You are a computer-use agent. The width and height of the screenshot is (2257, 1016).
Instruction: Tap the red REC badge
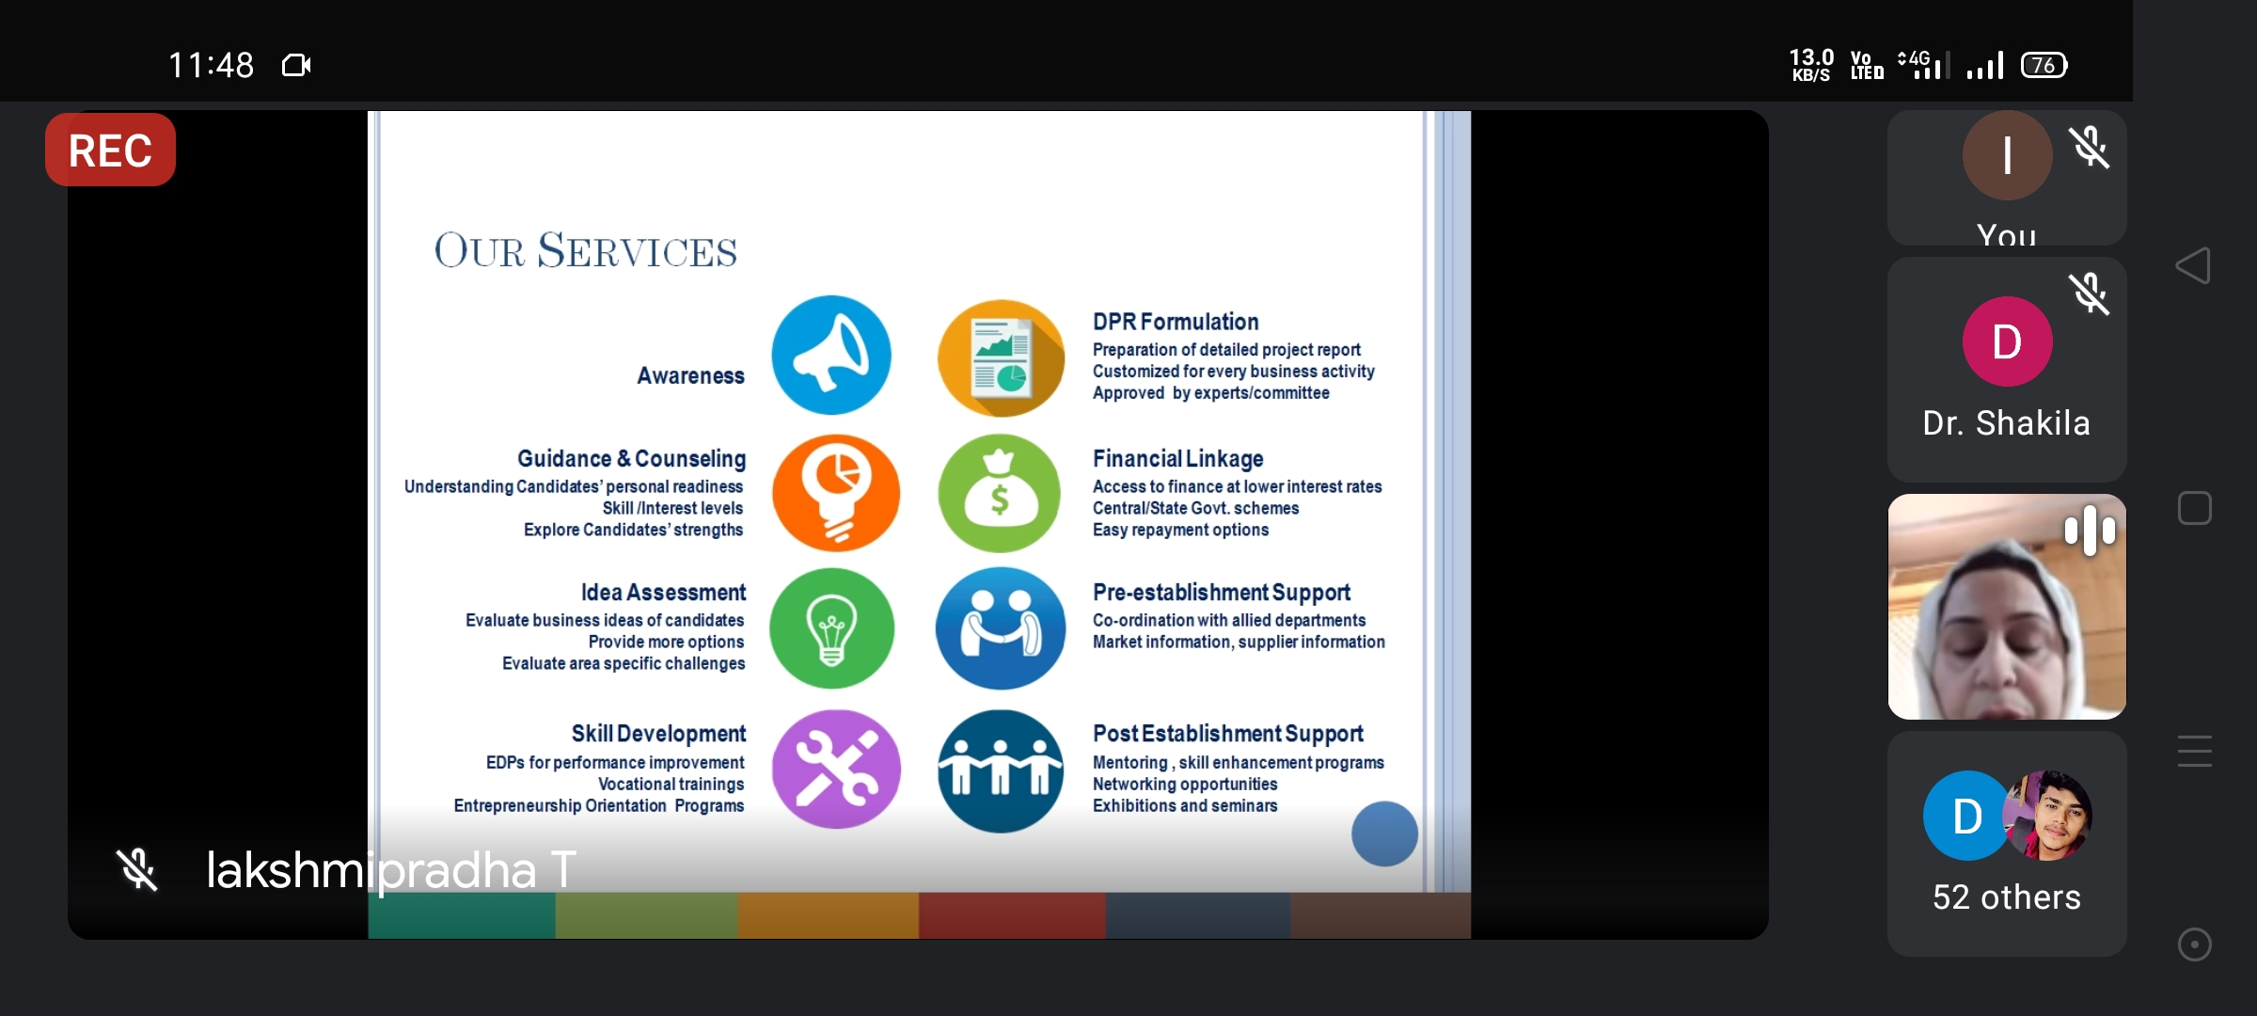110,150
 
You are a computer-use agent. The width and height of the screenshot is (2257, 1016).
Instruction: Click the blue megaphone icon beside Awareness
831,356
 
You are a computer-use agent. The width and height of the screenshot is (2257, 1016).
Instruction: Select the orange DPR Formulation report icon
1001,357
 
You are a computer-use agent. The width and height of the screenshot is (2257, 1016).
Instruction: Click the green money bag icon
1001,493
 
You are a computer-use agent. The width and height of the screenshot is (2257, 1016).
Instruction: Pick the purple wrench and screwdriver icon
835,770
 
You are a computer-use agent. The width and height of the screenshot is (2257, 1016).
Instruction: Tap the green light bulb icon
832,628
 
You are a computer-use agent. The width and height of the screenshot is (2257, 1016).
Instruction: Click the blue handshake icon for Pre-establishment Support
1001,628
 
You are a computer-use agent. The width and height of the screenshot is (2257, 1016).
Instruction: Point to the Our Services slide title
586,250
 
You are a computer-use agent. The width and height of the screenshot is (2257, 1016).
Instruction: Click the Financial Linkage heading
1178,459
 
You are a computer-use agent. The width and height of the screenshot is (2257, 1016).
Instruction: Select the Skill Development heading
658,734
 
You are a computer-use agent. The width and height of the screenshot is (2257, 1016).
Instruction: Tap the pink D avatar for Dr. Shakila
2007,341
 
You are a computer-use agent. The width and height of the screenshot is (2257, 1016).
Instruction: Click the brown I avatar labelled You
2007,155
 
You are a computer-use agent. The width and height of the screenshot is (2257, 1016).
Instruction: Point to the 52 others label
2007,897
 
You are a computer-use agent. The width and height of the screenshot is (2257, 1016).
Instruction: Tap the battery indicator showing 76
2044,65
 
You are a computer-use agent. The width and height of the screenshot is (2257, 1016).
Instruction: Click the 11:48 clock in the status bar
211,65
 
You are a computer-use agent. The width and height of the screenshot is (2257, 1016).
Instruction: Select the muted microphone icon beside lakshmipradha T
137,869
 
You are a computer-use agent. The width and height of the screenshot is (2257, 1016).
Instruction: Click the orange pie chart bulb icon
835,493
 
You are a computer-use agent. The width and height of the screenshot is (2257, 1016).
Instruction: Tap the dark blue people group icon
1001,771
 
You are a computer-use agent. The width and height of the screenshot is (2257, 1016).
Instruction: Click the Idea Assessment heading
663,593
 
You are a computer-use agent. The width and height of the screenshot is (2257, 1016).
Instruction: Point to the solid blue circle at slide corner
1384,833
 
